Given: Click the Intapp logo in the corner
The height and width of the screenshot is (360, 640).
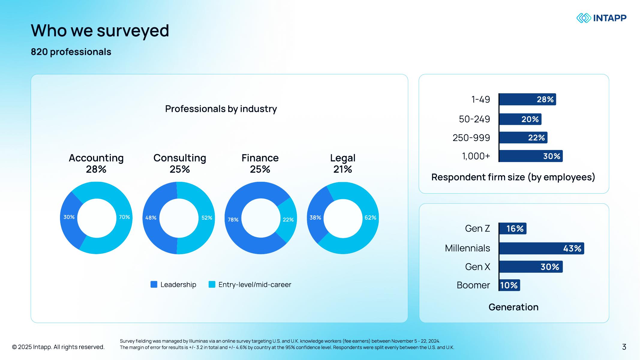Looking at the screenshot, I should click(x=601, y=18).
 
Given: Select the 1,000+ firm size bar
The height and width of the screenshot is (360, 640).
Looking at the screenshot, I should click(x=531, y=156).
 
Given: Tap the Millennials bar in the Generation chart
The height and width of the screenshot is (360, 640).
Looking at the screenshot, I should click(x=541, y=248).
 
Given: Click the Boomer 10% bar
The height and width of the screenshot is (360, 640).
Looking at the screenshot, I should click(x=509, y=285).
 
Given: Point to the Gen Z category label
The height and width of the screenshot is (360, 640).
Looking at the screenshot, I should click(x=477, y=229).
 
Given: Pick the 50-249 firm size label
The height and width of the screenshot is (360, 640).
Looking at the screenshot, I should click(x=474, y=119).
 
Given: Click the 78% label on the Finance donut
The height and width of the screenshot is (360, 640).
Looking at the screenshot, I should click(x=233, y=220).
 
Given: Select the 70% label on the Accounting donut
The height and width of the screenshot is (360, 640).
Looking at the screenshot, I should click(x=124, y=217).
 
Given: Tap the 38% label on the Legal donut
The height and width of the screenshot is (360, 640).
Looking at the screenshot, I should click(x=315, y=217).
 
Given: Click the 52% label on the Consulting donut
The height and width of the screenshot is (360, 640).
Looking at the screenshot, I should click(x=207, y=218).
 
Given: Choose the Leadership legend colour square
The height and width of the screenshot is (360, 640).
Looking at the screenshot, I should click(x=154, y=284).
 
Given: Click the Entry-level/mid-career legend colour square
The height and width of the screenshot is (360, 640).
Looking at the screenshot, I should click(x=212, y=284).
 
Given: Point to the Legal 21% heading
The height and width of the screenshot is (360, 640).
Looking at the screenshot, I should click(x=342, y=163).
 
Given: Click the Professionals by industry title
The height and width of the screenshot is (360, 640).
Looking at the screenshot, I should click(x=221, y=109).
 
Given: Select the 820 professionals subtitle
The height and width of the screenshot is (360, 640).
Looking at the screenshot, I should click(x=71, y=52).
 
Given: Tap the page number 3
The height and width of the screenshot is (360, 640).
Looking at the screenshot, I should click(x=624, y=347).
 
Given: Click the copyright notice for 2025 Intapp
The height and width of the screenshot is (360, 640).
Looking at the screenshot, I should click(x=58, y=347).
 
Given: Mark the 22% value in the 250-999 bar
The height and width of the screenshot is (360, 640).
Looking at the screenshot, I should click(x=536, y=138).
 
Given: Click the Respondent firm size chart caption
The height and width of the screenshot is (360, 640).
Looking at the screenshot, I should click(x=513, y=177).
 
